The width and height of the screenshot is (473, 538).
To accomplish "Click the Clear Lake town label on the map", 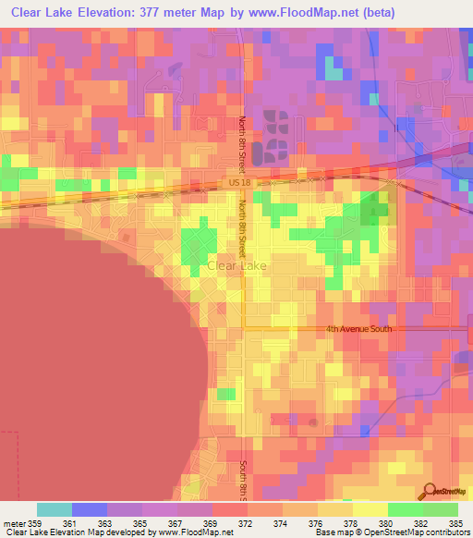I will (239, 265).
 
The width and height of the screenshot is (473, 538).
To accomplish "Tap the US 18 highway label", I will (238, 184).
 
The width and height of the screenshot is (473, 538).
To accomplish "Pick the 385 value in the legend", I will (456, 524).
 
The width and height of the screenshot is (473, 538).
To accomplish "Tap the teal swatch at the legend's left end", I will (55, 509).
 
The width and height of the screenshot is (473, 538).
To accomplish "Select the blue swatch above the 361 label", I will (90, 509).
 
